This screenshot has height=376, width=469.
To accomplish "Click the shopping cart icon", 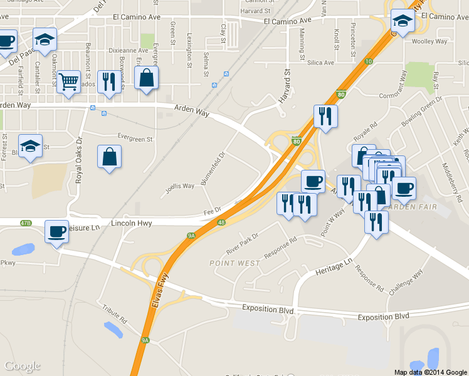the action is tap(69, 81).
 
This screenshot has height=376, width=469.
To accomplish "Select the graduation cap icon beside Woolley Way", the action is tap(402, 22).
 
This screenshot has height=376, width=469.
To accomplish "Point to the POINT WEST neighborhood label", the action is tap(235, 263).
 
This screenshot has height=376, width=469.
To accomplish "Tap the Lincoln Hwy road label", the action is tap(131, 222).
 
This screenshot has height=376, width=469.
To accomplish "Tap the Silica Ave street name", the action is tap(320, 63).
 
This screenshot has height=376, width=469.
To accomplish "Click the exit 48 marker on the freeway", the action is tap(222, 222).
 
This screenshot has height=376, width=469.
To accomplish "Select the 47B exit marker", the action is tap(25, 222).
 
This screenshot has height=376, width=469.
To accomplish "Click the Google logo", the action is tap(22, 366).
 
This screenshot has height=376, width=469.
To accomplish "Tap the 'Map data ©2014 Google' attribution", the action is tap(430, 372).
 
